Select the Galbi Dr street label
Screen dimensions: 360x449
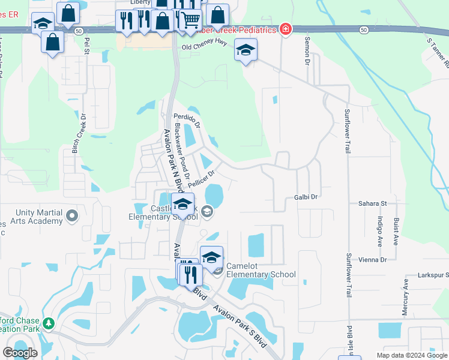306,196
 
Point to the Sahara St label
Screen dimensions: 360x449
371,204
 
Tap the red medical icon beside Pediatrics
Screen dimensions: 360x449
286,29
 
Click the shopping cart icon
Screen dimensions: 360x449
191,20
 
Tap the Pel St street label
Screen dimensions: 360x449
87,46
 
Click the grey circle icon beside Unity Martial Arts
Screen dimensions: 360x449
73,215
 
